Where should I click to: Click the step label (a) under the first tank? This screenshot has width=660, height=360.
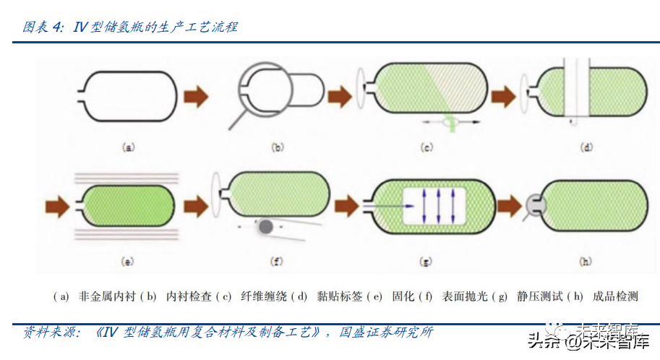click(x=129, y=147)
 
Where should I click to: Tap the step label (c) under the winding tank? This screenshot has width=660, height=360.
click(x=427, y=147)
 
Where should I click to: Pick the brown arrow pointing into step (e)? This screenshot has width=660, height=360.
click(x=57, y=207)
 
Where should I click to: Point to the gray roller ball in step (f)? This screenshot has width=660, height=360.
click(x=265, y=227)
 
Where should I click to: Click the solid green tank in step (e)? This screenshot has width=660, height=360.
click(x=127, y=205)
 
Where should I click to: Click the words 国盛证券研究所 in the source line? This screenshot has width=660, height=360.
click(x=386, y=332)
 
